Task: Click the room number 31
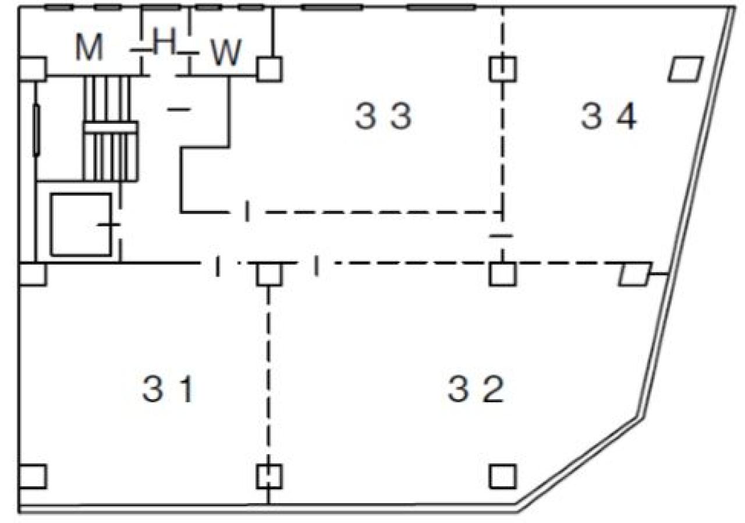[168, 390]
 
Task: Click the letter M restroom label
[88, 49]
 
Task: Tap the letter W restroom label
[225, 55]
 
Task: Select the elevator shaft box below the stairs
[80, 224]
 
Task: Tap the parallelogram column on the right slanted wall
[634, 273]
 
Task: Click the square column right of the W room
[269, 69]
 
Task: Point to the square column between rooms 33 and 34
[502, 69]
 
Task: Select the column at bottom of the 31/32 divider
[269, 476]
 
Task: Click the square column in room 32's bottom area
[502, 476]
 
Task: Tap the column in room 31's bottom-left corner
[33, 476]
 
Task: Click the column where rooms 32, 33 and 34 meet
[502, 273]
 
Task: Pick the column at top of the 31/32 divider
[269, 273]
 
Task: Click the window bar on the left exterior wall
[36, 129]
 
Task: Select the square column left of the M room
[33, 69]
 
